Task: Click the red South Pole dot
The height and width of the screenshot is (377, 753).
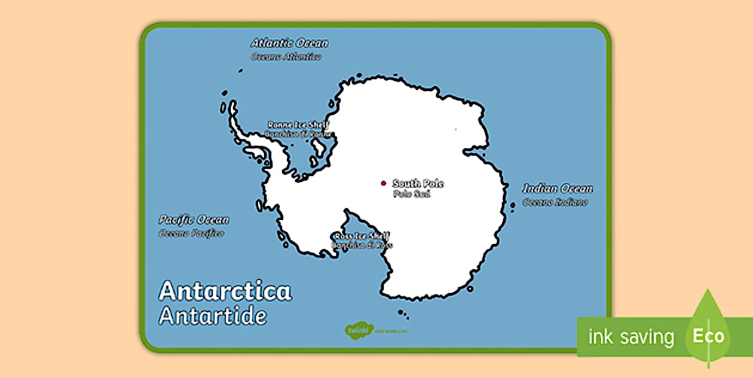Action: click(384, 183)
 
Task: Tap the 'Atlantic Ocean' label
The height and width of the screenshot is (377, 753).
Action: click(289, 43)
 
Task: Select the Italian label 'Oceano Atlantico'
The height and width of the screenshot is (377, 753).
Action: click(286, 56)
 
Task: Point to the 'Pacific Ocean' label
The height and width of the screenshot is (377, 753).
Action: click(194, 220)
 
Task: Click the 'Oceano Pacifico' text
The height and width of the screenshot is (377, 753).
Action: click(191, 233)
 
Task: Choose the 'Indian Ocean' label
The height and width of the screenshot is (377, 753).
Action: click(558, 189)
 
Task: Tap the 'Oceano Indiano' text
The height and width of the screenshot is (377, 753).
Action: click(555, 202)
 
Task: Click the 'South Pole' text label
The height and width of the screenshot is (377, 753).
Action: click(418, 183)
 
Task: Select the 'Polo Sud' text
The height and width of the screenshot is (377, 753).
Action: click(411, 194)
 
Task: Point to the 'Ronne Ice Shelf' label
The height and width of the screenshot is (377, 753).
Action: click(298, 124)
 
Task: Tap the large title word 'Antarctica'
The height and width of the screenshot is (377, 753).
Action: click(225, 291)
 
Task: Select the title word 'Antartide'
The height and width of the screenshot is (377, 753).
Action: click(213, 315)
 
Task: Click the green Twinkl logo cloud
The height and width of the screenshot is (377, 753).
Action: click(354, 330)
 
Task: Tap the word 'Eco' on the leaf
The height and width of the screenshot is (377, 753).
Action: click(708, 336)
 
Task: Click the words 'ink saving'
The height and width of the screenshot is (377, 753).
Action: click(631, 337)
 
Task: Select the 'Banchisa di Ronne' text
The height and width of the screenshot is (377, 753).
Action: click(298, 134)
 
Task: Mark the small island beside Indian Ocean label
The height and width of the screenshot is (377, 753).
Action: click(513, 205)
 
